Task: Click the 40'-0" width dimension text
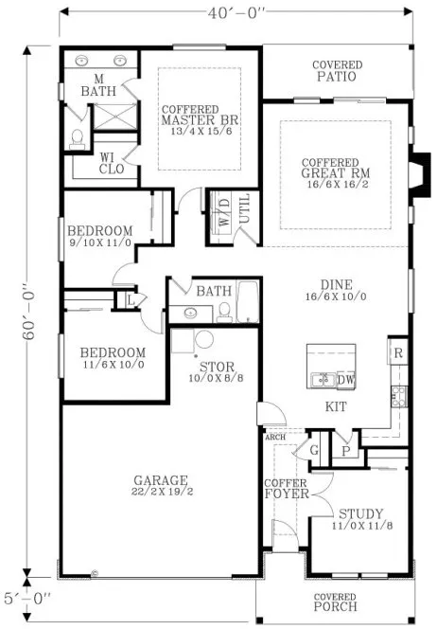236,12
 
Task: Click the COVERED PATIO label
338,71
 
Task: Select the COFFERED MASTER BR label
198,120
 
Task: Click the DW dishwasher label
345,379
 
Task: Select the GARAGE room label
161,485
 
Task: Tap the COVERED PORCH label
336,602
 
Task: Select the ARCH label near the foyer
275,438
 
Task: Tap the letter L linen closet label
129,299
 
